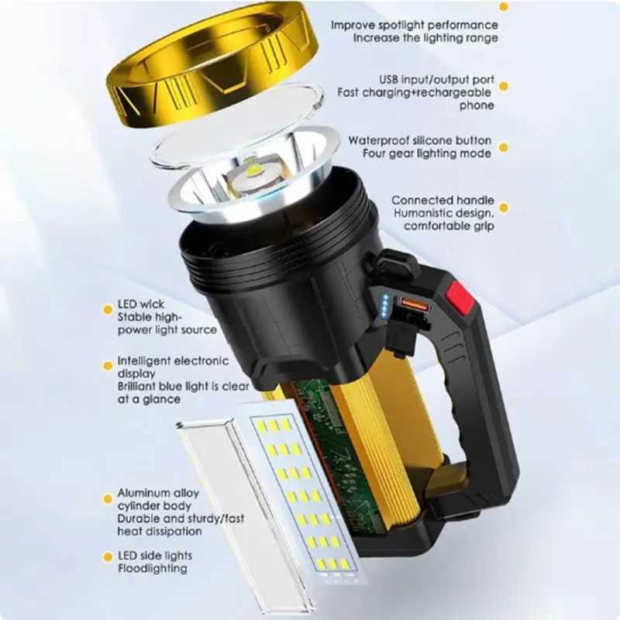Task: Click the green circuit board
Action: coord(336,451)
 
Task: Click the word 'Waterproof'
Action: coord(378,141)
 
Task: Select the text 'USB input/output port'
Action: coord(436,80)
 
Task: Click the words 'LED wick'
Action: coord(141,304)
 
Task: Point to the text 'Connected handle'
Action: coord(443,201)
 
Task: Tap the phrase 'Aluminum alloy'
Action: coord(158,493)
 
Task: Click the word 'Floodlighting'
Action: coord(153,569)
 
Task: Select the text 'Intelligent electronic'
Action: coord(173,361)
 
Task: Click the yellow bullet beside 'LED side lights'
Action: coord(108,557)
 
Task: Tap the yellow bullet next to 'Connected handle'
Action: coord(504,208)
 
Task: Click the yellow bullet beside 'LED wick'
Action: coord(108,309)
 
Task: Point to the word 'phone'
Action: coord(477,105)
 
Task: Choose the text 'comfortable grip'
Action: coord(449,226)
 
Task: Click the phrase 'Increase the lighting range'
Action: coord(425,38)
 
